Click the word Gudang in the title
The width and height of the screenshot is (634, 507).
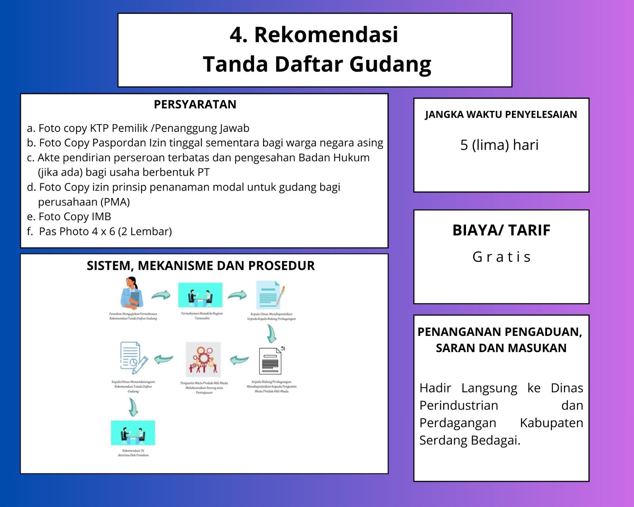pos(390,65)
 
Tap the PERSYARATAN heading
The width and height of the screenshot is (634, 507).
pos(195,105)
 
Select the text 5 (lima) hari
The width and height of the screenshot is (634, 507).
pos(499,145)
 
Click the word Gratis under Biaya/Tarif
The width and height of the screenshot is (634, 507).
pos(501,257)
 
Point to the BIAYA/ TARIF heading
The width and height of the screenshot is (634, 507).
pos(501,230)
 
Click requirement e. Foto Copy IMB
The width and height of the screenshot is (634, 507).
pos(69,217)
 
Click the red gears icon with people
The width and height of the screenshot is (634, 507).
pos(203,359)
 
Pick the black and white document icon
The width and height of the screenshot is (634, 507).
pos(271,360)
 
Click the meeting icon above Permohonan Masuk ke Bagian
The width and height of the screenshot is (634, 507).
pos(200,295)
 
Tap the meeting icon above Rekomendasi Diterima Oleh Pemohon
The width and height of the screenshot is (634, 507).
pos(133,433)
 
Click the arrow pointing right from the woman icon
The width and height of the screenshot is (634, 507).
pos(161,295)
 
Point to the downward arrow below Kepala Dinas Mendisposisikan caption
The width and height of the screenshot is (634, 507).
pos(271,334)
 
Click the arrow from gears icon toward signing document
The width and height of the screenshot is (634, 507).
pos(164,359)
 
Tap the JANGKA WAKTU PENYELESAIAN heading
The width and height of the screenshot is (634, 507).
pos(501,115)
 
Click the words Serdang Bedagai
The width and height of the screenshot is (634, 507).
pos(470,440)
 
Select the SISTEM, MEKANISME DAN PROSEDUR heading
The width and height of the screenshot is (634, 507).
pos(201,266)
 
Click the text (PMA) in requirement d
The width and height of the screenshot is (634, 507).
pos(115,202)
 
